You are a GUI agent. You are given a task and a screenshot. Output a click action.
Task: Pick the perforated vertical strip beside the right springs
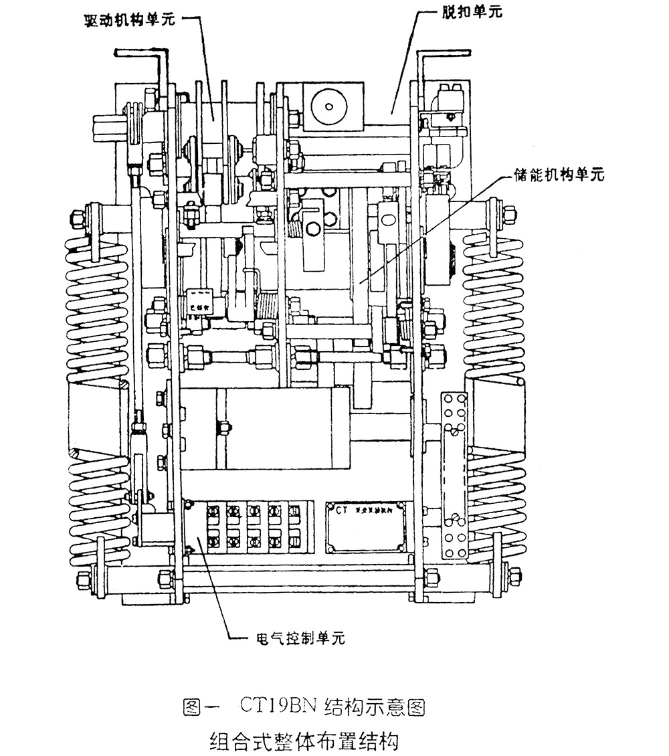(x=455, y=475)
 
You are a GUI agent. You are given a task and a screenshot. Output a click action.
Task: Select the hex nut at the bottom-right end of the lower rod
(x=514, y=575)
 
